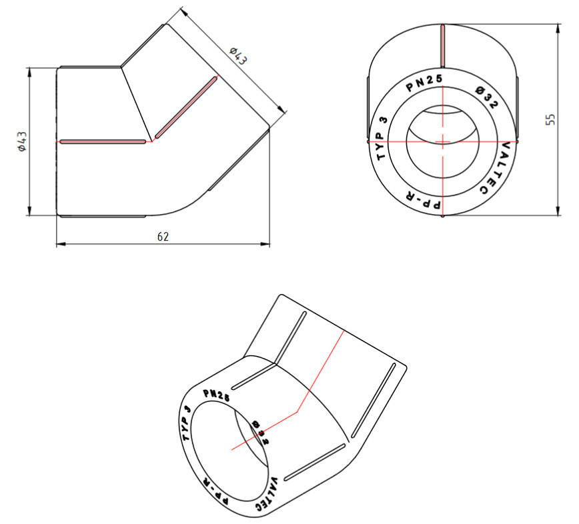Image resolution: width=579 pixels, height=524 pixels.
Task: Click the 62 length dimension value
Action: pyautogui.click(x=163, y=237)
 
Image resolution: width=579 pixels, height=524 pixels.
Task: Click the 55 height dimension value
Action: pyautogui.click(x=550, y=119)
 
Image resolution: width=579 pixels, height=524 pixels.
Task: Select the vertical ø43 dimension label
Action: pyautogui.click(x=23, y=141)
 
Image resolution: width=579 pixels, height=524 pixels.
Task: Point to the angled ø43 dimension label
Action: pyautogui.click(x=237, y=56)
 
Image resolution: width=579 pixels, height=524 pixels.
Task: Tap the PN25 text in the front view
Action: pyautogui.click(x=424, y=83)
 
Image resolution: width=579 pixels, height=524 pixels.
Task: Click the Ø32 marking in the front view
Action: pyautogui.click(x=486, y=97)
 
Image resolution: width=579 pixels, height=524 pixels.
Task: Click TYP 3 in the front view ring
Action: pyautogui.click(x=382, y=138)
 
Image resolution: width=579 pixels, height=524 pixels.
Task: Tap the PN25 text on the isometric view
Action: pyautogui.click(x=217, y=395)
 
